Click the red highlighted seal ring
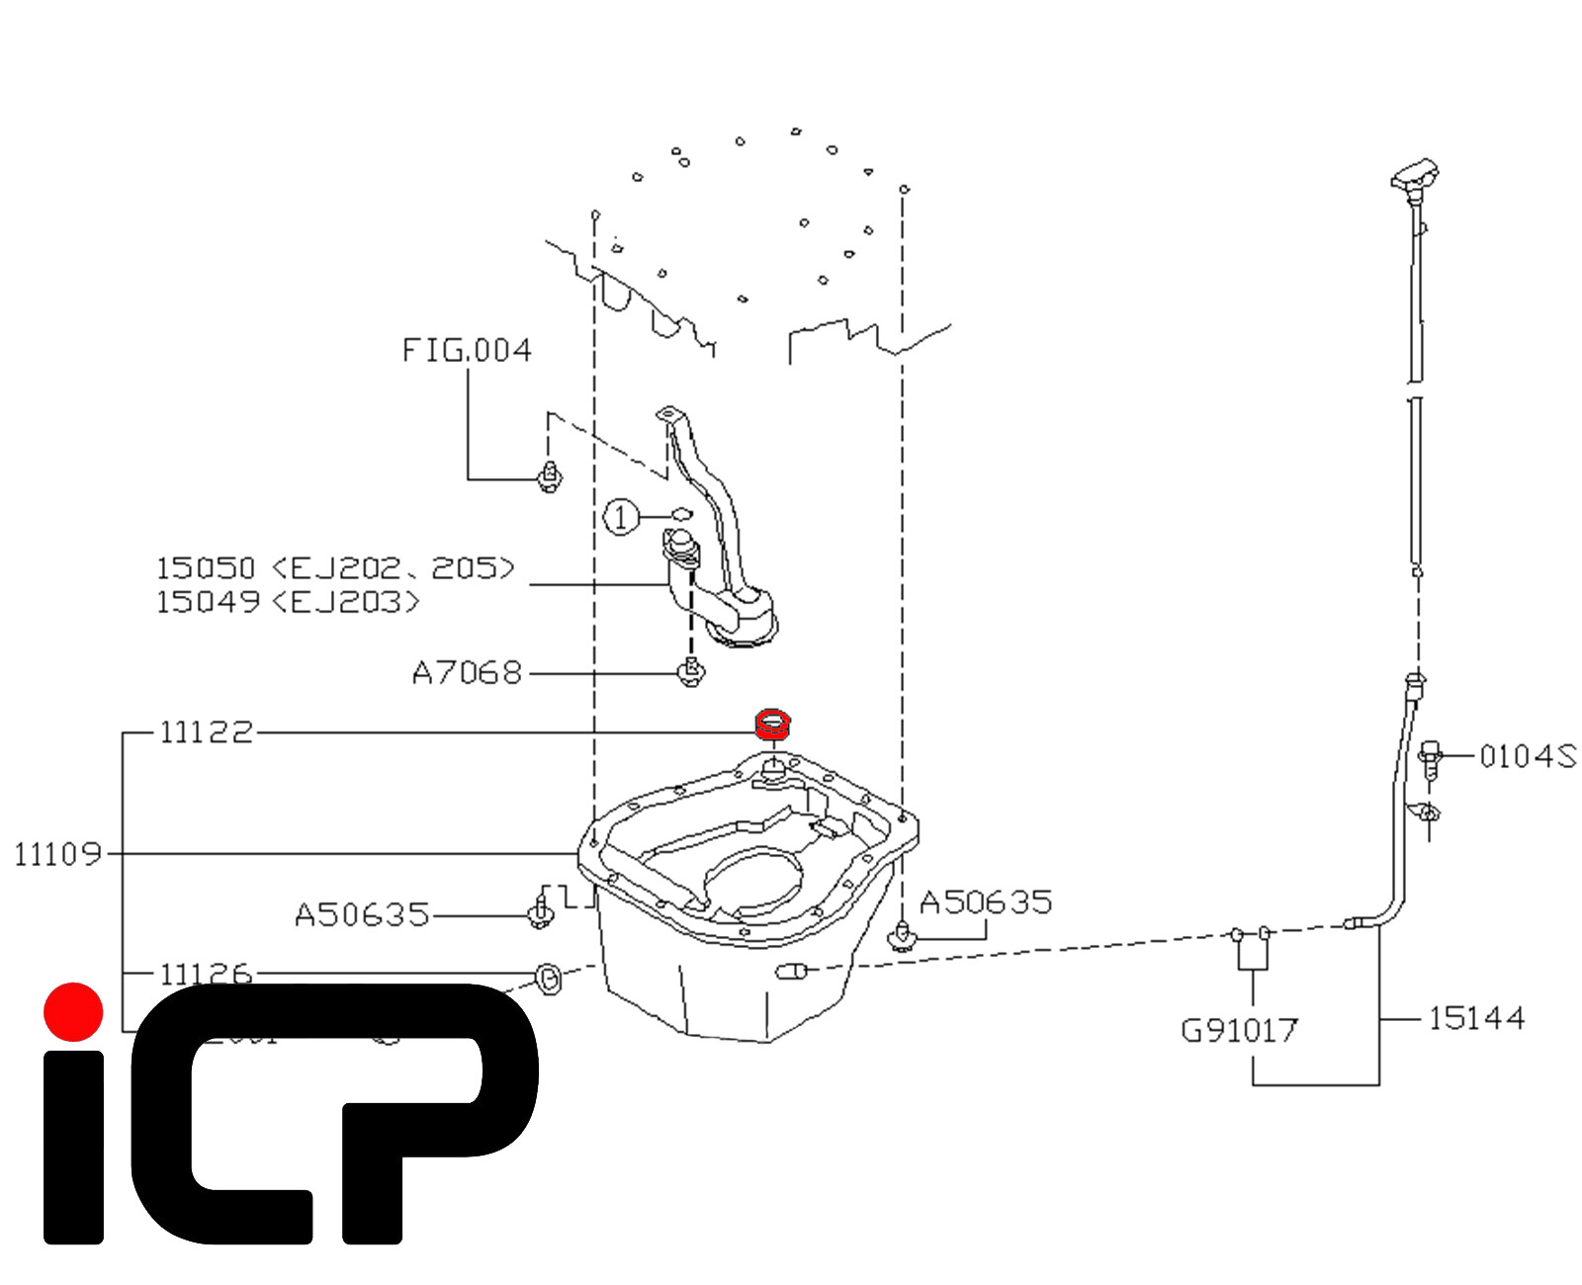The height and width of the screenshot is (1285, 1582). (772, 724)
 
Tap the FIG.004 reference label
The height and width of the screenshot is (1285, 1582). (467, 350)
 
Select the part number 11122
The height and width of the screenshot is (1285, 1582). (206, 732)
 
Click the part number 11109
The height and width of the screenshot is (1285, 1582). (58, 853)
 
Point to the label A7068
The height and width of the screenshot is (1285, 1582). (467, 673)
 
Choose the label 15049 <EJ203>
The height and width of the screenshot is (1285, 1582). (288, 601)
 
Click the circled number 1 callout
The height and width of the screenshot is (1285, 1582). (620, 516)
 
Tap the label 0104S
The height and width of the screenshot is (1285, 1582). (1528, 756)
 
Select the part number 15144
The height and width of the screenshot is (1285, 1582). (1476, 1018)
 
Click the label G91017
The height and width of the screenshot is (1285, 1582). (1239, 1031)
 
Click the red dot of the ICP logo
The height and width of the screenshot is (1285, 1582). (73, 1011)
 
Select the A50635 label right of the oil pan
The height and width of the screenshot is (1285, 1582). (986, 901)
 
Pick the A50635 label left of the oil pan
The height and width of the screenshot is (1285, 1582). (362, 914)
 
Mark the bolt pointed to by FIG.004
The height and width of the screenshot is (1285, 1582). (550, 478)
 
